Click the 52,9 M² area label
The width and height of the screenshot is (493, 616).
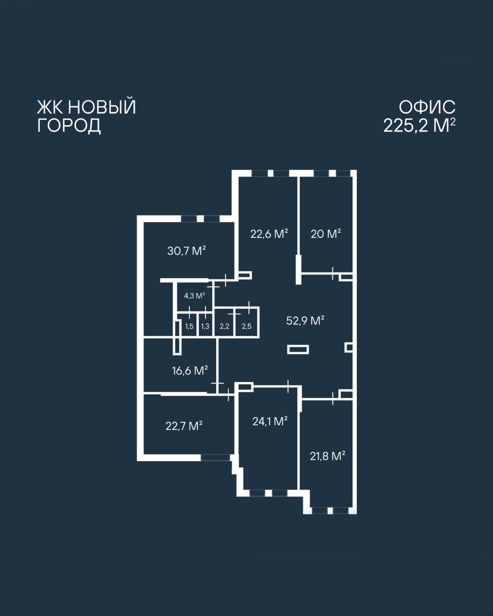pyautogui.click(x=305, y=321)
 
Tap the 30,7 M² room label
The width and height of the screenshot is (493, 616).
pyautogui.click(x=187, y=251)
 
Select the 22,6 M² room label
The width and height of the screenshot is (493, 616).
pyautogui.click(x=269, y=234)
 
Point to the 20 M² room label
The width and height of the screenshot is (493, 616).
pyautogui.click(x=326, y=234)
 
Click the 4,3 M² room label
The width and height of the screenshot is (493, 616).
pyautogui.click(x=195, y=295)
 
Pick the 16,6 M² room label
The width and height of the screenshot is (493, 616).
pyautogui.click(x=190, y=371)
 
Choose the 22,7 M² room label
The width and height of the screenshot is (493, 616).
pyautogui.click(x=184, y=426)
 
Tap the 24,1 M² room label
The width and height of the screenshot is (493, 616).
pyautogui.click(x=270, y=421)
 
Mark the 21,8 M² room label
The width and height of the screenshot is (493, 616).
pyautogui.click(x=327, y=456)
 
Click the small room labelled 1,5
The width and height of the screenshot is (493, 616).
pyautogui.click(x=189, y=326)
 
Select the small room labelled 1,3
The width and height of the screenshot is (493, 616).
pyautogui.click(x=205, y=326)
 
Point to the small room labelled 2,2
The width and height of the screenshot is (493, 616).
pyautogui.click(x=224, y=326)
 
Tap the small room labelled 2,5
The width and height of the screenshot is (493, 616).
pyautogui.click(x=246, y=326)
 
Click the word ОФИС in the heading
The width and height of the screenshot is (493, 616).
pyautogui.click(x=427, y=107)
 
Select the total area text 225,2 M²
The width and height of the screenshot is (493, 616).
pyautogui.click(x=420, y=126)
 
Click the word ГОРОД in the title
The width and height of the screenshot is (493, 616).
pyautogui.click(x=69, y=126)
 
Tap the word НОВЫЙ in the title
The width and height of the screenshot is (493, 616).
pyautogui.click(x=102, y=106)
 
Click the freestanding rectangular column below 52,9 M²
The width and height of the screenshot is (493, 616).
pyautogui.click(x=298, y=349)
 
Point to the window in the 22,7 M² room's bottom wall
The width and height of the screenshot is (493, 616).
pyautogui.click(x=215, y=457)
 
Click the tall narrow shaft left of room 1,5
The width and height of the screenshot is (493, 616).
pyautogui.click(x=177, y=338)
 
